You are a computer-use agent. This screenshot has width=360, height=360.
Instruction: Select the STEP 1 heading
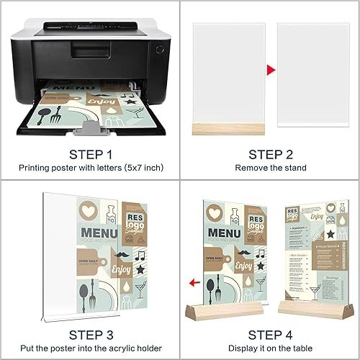point(89,154)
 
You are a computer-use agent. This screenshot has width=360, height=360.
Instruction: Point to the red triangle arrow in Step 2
point(271,70)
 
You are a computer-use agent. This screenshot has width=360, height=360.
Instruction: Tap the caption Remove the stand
point(269,167)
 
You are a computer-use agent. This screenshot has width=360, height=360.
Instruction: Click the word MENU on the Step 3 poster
point(100,233)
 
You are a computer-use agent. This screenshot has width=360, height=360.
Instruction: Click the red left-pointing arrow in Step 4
point(192,283)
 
